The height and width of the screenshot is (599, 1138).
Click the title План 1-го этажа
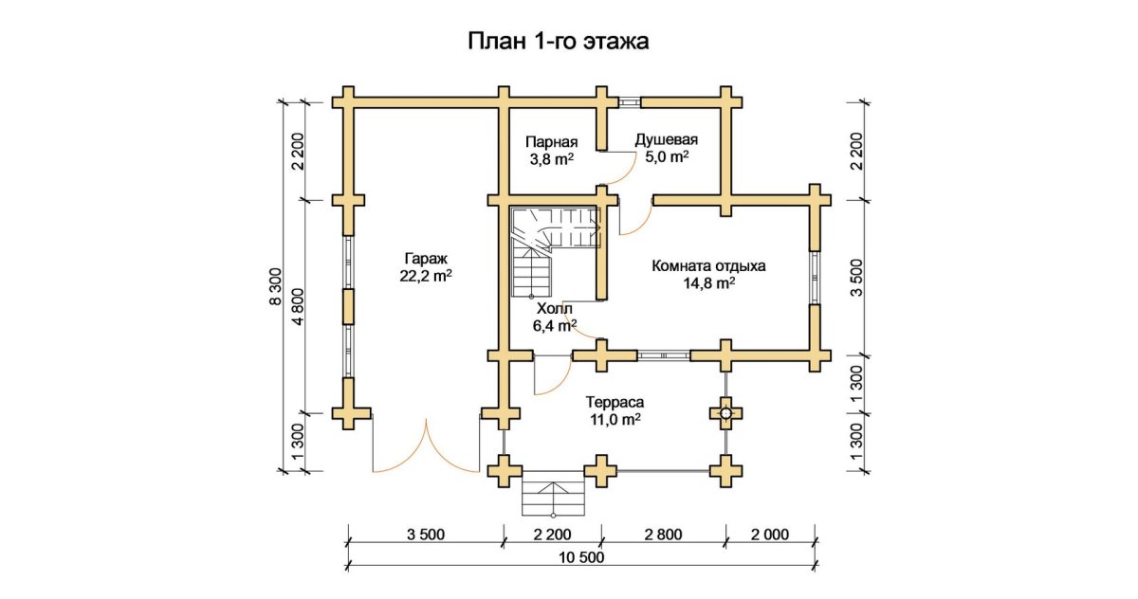tap(559, 42)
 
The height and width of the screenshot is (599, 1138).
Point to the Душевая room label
tap(661, 138)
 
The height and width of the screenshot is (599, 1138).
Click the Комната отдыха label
tap(708, 265)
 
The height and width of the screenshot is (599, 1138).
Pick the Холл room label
tap(555, 309)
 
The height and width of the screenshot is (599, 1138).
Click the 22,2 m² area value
tap(425, 276)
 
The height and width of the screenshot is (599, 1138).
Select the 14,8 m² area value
tap(708, 283)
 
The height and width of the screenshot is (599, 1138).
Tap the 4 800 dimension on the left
tap(298, 307)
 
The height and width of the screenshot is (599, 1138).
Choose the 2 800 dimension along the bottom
tap(663, 535)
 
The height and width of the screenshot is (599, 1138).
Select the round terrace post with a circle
tap(726, 412)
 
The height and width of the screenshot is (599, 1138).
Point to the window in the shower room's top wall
tap(629, 100)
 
